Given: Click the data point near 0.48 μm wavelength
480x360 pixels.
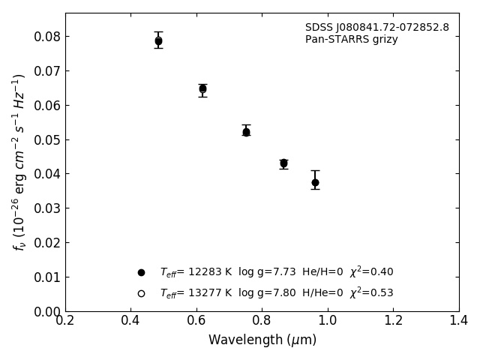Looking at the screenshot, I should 158,41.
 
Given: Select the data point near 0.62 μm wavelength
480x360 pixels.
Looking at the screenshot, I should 202,88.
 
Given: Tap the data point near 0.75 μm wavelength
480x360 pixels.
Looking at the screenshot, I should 246,132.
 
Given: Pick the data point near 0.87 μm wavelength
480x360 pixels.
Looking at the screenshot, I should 283,163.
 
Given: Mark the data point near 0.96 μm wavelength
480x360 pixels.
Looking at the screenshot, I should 315,182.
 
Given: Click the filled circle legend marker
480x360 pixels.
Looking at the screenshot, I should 141,272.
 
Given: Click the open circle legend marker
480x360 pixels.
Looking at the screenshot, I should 141,293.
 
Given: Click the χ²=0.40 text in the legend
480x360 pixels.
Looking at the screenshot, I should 371,272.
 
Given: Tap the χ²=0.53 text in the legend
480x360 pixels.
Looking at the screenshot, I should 371,293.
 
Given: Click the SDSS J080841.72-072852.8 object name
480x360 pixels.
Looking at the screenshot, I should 376,28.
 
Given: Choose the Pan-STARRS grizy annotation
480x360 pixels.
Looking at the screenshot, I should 351,40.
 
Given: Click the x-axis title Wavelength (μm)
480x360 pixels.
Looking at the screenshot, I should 262,340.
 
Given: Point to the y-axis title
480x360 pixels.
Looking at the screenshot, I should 19,162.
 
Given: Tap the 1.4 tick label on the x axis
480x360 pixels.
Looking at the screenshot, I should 458,321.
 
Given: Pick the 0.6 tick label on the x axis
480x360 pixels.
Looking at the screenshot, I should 196,321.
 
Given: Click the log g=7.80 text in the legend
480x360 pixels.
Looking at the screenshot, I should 266,293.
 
